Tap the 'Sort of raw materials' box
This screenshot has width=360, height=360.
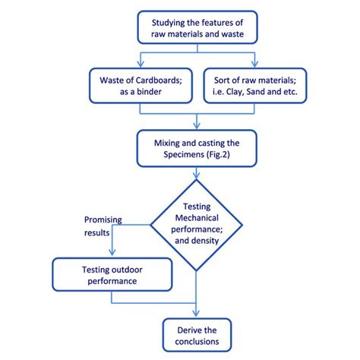(255, 86)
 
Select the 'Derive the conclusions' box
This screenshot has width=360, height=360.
(197, 334)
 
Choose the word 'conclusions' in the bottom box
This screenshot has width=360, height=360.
(197, 342)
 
